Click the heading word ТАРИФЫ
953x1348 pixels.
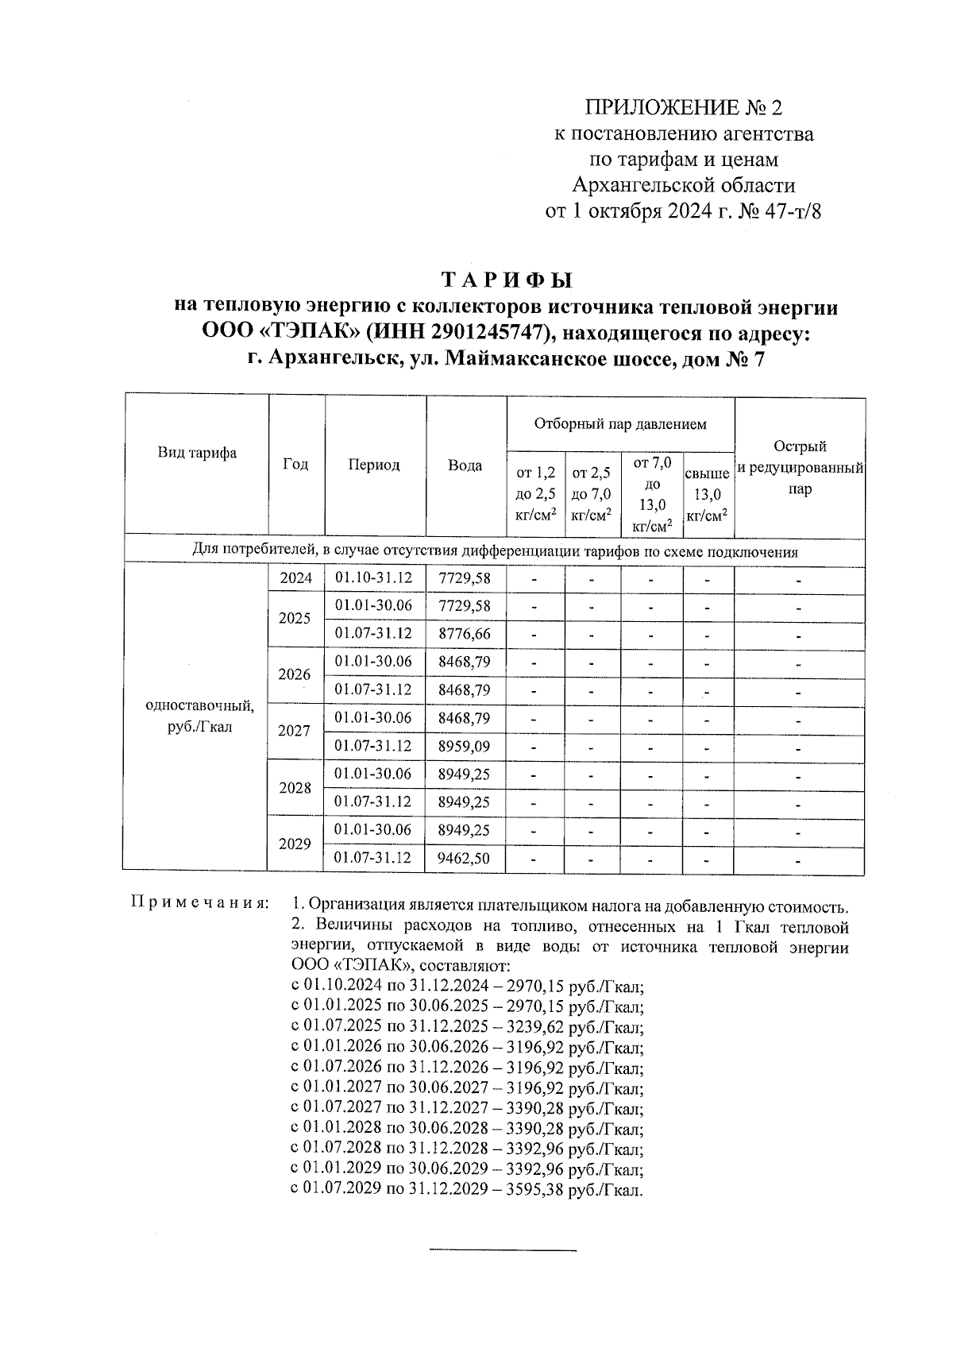click(506, 281)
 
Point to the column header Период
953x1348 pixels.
click(374, 465)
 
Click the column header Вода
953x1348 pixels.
click(465, 465)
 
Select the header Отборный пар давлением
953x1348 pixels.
click(619, 424)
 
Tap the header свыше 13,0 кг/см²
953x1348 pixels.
click(707, 495)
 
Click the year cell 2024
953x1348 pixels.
click(296, 578)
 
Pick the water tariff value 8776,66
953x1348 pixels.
click(465, 634)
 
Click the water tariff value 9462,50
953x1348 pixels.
click(465, 858)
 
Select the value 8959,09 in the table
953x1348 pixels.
click(465, 746)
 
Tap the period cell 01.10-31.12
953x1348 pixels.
click(374, 578)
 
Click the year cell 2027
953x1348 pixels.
click(295, 731)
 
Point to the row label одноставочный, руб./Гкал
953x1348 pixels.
click(199, 716)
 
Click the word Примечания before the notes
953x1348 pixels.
click(199, 904)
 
